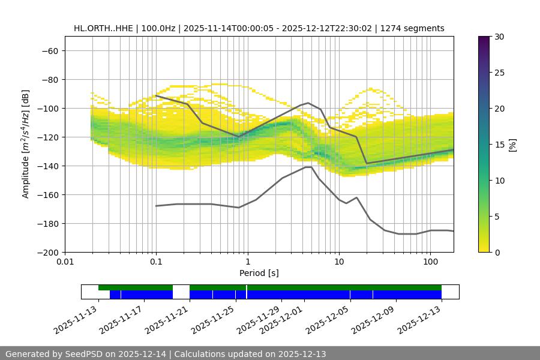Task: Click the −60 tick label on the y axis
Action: click(x=49, y=50)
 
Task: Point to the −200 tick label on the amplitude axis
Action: click(x=47, y=252)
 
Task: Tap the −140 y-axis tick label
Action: click(x=47, y=166)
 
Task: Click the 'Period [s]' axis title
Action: click(x=259, y=273)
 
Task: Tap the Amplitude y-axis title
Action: click(x=26, y=144)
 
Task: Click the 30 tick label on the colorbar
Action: click(x=500, y=37)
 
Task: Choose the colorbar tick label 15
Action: click(x=500, y=145)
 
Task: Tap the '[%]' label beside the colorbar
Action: click(x=512, y=145)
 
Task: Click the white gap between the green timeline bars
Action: click(x=181, y=288)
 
